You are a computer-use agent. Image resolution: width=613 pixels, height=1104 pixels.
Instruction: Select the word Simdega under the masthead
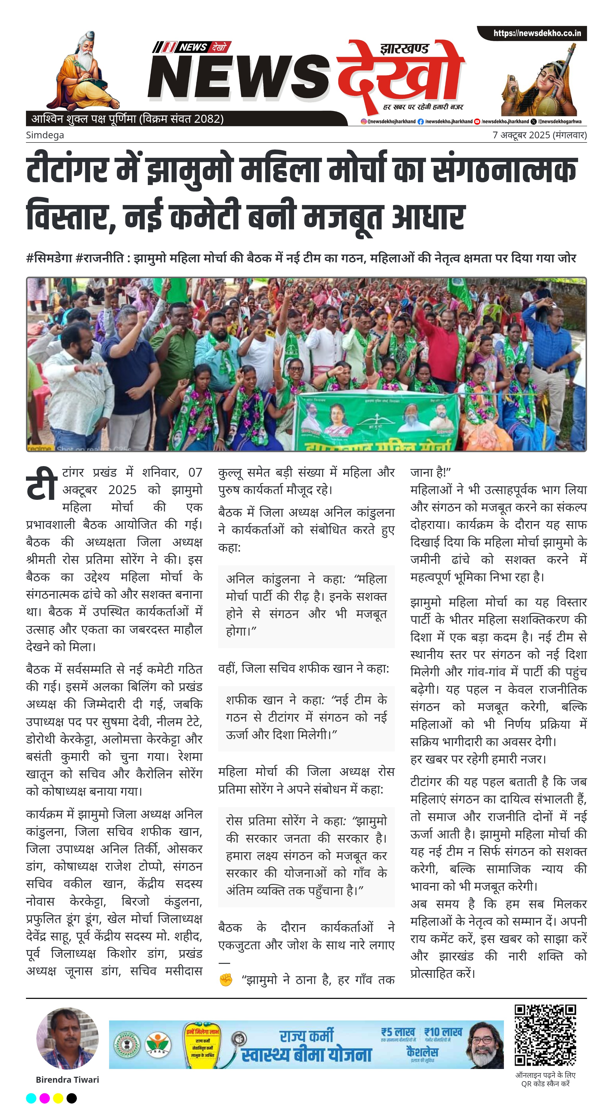[x=45, y=135]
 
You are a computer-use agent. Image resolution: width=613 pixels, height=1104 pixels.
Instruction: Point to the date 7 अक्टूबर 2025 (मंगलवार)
[x=539, y=135]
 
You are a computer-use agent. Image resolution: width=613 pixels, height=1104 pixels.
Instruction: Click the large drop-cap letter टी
[x=42, y=484]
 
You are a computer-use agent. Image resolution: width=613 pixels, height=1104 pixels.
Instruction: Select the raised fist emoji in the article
[x=226, y=980]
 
